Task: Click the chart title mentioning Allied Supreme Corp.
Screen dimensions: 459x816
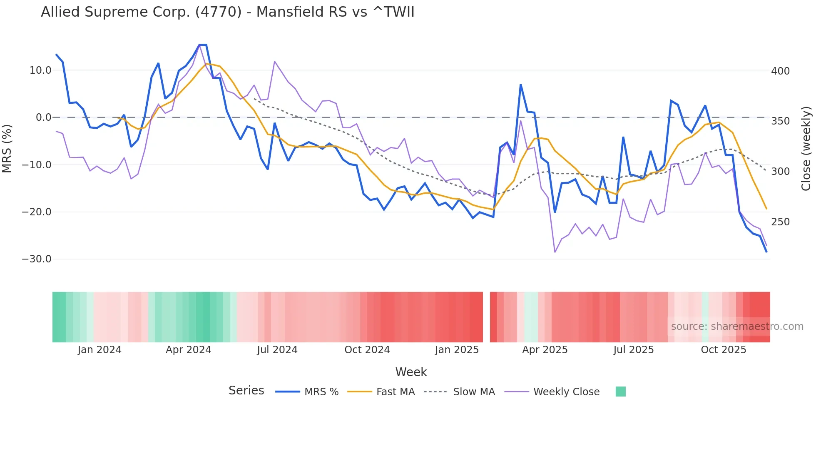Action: [227, 12]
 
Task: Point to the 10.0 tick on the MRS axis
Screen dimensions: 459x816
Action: [40, 70]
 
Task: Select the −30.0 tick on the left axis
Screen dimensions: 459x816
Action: [37, 259]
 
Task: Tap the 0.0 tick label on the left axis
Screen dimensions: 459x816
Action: [43, 117]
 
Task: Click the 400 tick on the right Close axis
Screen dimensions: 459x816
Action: [780, 71]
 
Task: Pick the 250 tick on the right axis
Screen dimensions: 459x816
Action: [780, 222]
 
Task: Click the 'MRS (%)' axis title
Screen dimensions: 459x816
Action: [7, 148]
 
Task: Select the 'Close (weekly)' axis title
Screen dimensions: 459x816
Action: [806, 148]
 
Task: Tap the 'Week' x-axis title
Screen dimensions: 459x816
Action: [411, 372]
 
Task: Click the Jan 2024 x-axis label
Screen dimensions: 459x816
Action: [99, 350]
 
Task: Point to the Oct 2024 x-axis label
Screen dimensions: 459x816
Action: [367, 350]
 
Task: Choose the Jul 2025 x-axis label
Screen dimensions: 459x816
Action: [633, 350]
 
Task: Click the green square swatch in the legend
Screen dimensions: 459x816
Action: [620, 392]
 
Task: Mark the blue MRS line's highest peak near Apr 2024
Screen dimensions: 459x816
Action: [203, 45]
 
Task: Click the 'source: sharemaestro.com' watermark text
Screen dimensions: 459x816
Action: [737, 327]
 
